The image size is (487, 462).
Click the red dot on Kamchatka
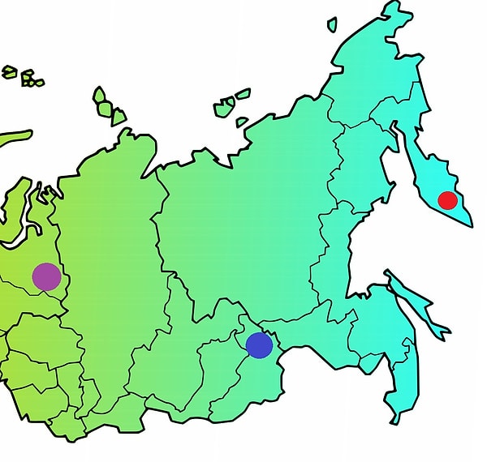pos(447,200)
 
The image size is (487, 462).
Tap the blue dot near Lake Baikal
pos(259,345)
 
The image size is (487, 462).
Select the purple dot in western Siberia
pos(46,276)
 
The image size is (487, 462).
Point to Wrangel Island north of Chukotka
pos(333,25)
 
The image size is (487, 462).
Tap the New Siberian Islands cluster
pos(231,105)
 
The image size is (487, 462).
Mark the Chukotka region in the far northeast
pos(381,65)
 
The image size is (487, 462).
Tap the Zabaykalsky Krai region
pos(276,381)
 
